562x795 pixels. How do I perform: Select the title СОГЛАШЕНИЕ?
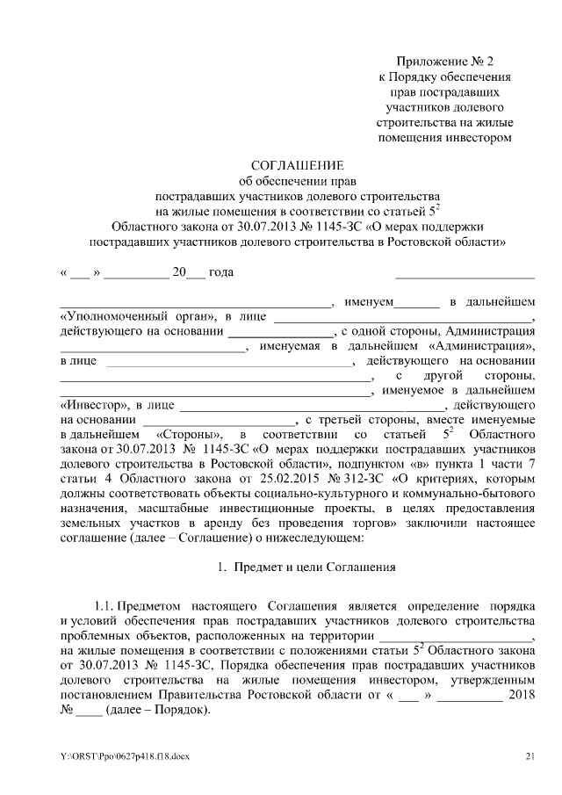point(299,165)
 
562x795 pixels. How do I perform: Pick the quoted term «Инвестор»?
point(92,405)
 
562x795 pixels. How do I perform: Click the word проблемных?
point(95,635)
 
